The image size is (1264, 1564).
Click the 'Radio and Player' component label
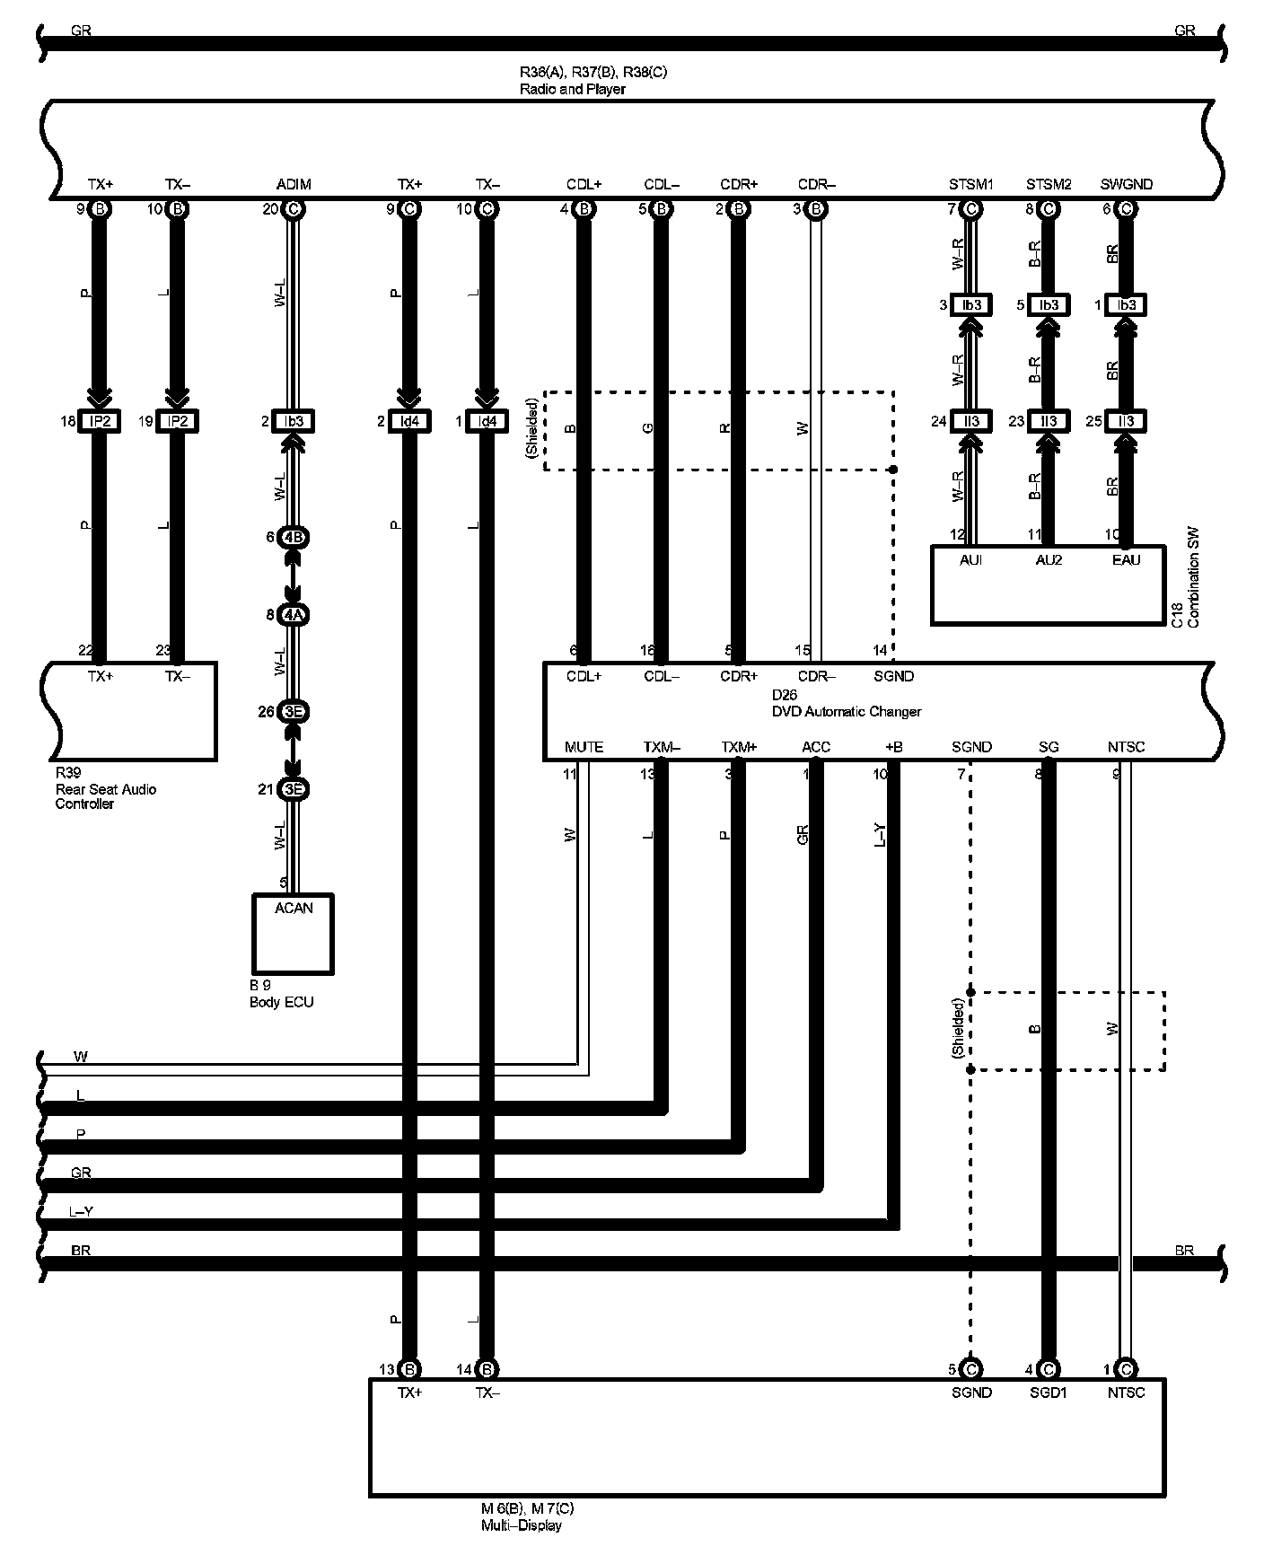tap(572, 90)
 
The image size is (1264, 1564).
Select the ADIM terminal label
tap(294, 185)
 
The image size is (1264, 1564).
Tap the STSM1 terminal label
tap(970, 185)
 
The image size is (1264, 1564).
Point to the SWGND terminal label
tap(1126, 185)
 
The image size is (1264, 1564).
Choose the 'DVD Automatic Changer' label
tap(846, 712)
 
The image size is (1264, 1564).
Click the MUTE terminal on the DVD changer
tap(584, 747)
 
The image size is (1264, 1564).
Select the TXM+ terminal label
tap(739, 747)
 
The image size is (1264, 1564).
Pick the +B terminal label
tap(893, 747)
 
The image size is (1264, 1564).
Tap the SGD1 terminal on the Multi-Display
tap(1048, 1393)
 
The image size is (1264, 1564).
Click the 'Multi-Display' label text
tap(521, 1525)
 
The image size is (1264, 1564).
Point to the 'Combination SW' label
tap(1193, 577)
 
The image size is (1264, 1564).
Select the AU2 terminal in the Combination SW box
tap(1048, 560)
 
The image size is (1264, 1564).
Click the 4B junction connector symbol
tap(294, 538)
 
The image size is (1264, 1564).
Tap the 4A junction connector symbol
tap(294, 615)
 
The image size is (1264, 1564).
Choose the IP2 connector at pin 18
tap(99, 421)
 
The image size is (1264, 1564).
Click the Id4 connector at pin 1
tap(487, 421)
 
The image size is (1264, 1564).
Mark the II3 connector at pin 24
tap(970, 421)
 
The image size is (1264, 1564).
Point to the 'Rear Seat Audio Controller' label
tap(105, 789)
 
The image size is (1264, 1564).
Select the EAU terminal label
tap(1126, 560)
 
